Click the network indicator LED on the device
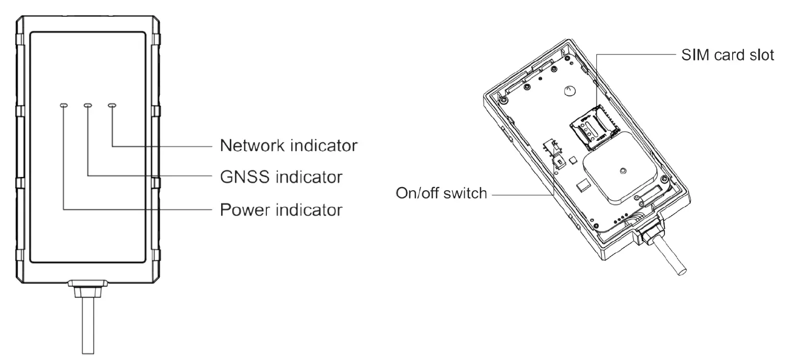pos(112,106)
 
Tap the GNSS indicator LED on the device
pos(88,106)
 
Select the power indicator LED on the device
pos(63,106)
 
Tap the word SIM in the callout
pos(693,54)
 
